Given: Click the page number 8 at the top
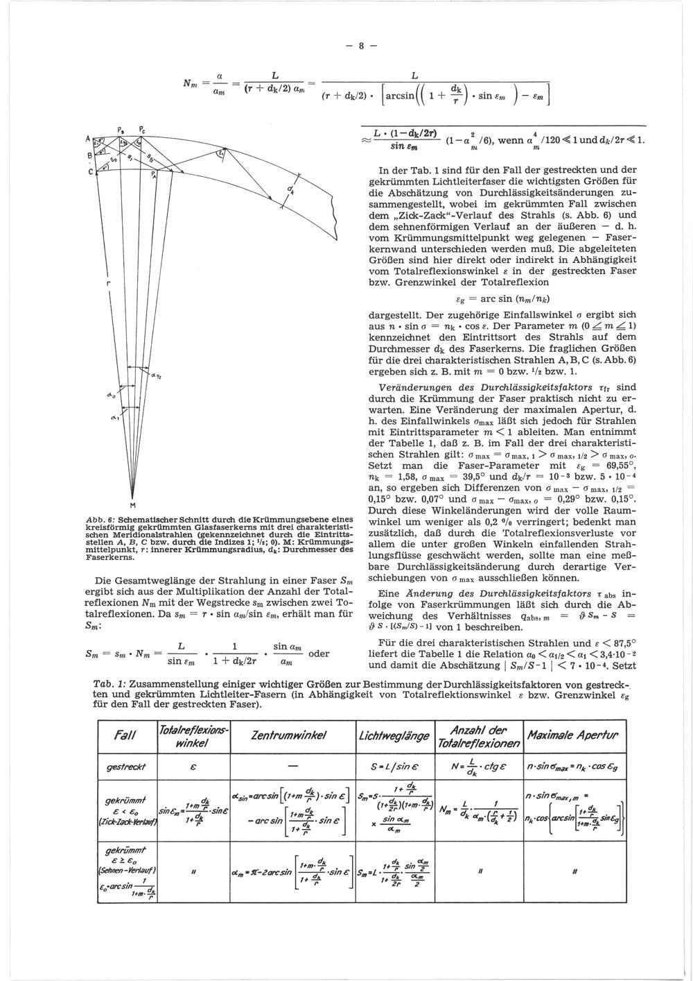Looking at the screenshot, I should pos(360,47).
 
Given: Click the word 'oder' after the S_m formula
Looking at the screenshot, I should pos(318,653).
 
